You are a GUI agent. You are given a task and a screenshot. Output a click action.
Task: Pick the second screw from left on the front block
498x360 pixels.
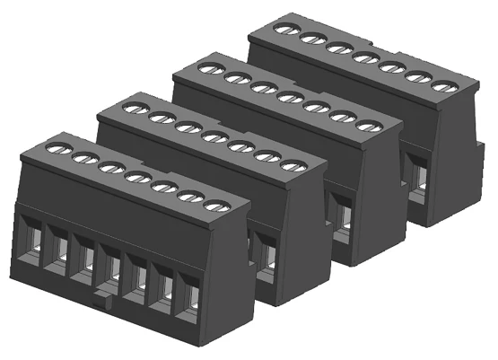[x=81, y=157]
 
